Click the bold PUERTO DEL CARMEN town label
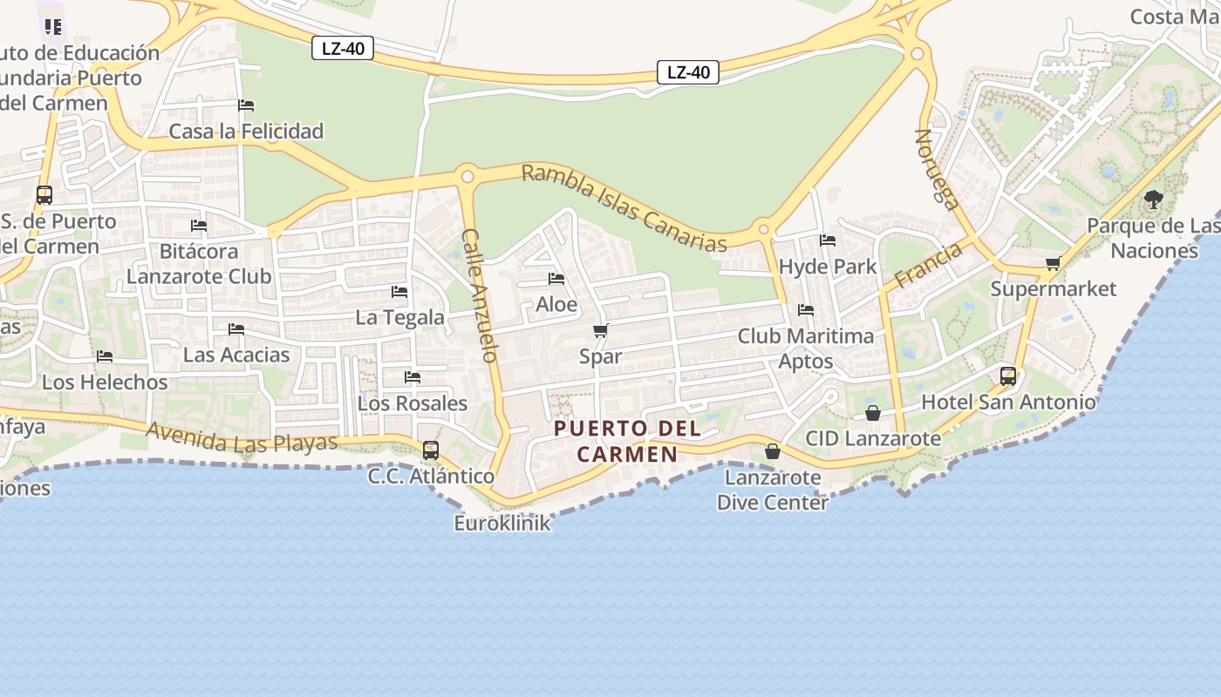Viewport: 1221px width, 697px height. pyautogui.click(x=627, y=441)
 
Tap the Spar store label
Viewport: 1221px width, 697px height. pyautogui.click(x=601, y=356)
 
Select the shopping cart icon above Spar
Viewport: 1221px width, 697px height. pyautogui.click(x=600, y=331)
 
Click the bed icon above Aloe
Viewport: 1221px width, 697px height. pyautogui.click(x=556, y=279)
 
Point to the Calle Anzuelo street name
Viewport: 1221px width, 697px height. pyautogui.click(x=480, y=295)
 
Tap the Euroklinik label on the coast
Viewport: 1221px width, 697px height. pyautogui.click(x=502, y=523)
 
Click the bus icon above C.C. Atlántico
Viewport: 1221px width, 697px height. pyautogui.click(x=430, y=450)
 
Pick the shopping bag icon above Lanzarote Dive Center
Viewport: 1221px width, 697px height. pyautogui.click(x=772, y=451)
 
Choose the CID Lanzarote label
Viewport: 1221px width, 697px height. pyautogui.click(x=873, y=438)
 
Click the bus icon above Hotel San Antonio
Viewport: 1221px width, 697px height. pyautogui.click(x=1008, y=376)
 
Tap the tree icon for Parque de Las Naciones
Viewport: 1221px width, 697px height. pyautogui.click(x=1154, y=200)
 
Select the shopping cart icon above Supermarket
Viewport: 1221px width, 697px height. pyautogui.click(x=1053, y=263)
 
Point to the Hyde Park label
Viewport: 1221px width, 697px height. pyautogui.click(x=827, y=266)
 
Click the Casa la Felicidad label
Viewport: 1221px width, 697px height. pyautogui.click(x=246, y=132)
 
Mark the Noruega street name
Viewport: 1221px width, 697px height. pyautogui.click(x=937, y=170)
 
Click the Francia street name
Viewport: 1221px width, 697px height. pyautogui.click(x=928, y=265)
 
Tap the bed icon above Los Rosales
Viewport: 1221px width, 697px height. pyautogui.click(x=413, y=377)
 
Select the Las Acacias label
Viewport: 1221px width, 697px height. pyautogui.click(x=236, y=355)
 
